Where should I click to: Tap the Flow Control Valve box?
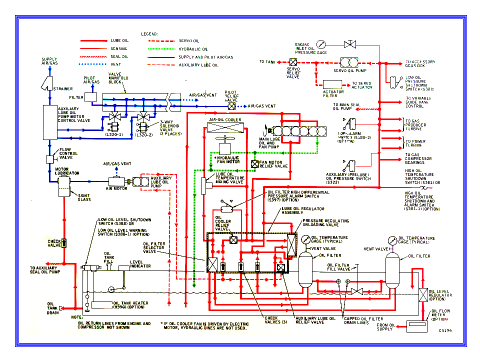[x=50, y=159]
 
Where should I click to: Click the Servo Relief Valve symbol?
[x=293, y=62]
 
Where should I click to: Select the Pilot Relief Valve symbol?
[x=231, y=106]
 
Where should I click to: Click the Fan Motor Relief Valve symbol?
[x=254, y=163]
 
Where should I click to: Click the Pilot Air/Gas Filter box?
[x=91, y=97]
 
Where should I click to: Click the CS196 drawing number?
[x=446, y=330]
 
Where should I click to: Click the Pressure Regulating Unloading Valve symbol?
[x=290, y=244]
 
